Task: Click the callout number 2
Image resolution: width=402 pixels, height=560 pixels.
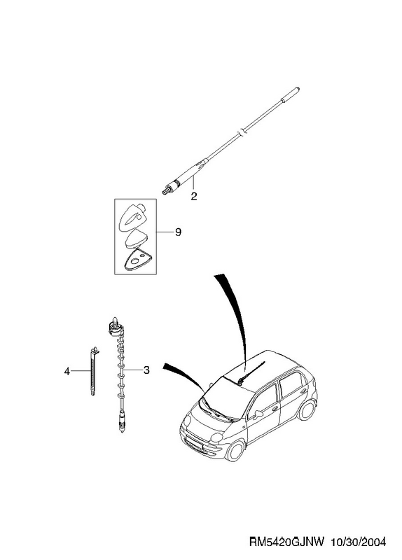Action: click(x=194, y=196)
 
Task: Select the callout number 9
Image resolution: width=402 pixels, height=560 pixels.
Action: click(x=178, y=232)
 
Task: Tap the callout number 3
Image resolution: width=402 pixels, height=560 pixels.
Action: click(x=146, y=370)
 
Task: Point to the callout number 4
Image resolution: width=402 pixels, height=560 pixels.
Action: click(x=67, y=372)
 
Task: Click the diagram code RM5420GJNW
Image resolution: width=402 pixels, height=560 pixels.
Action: click(x=286, y=542)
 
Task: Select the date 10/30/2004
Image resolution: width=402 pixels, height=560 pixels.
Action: click(x=359, y=542)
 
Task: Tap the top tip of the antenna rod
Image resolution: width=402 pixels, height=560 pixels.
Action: click(x=298, y=89)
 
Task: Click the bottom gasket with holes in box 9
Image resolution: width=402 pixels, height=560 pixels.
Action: click(x=137, y=259)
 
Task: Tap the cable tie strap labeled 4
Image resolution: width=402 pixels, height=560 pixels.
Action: click(x=94, y=371)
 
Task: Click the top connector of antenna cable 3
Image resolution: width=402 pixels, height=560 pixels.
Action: click(x=116, y=326)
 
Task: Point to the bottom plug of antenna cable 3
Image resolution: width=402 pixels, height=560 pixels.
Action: click(x=122, y=422)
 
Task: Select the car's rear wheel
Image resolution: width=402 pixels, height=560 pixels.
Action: click(x=307, y=409)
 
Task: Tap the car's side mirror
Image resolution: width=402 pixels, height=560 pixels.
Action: click(x=258, y=414)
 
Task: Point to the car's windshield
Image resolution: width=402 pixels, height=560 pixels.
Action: click(x=226, y=399)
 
